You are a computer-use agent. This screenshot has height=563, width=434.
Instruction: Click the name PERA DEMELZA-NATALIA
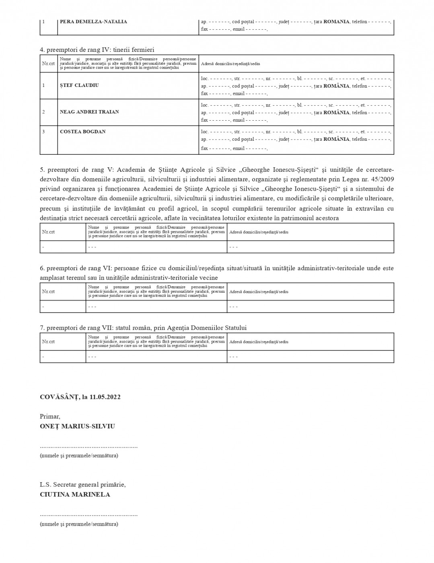click(x=93, y=22)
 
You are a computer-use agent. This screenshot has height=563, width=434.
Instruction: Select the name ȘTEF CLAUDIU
click(x=79, y=85)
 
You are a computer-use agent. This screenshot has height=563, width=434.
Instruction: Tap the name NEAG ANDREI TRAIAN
click(x=89, y=112)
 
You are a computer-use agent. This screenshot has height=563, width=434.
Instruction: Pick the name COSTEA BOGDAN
click(x=83, y=132)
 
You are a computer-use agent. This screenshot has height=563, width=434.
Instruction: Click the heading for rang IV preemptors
click(x=97, y=50)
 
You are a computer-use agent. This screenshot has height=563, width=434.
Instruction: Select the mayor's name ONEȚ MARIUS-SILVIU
click(x=77, y=426)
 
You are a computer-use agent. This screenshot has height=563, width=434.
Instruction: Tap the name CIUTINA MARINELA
click(x=75, y=495)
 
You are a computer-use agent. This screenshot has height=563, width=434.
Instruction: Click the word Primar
click(x=50, y=417)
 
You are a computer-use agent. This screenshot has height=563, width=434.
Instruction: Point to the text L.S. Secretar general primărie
click(x=83, y=485)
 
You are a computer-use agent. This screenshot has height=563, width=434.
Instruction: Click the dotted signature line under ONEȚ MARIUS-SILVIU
click(x=88, y=447)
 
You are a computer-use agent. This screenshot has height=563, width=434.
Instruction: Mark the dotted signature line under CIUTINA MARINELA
click(x=88, y=515)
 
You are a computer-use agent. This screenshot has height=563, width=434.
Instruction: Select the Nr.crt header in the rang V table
click(x=48, y=232)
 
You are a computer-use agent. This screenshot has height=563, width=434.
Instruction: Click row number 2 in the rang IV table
click(x=44, y=112)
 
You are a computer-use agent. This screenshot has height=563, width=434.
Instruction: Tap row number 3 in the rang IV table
click(x=44, y=132)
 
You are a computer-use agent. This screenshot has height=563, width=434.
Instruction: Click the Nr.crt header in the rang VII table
click(x=48, y=341)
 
